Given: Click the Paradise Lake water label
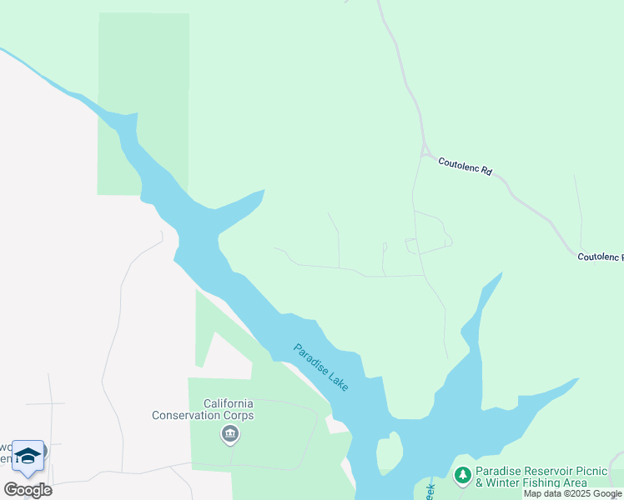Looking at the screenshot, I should tap(320, 367).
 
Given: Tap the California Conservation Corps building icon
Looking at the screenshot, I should tap(230, 434).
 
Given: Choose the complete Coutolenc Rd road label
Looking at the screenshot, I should tap(465, 166).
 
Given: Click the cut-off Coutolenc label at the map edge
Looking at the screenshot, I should tap(600, 257).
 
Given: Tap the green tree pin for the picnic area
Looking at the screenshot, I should tap(462, 475).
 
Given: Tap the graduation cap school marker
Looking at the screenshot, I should tap(28, 456).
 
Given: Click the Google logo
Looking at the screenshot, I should tap(28, 490).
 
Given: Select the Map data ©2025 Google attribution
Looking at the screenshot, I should tap(572, 493).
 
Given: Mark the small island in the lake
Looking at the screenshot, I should tap(389, 455).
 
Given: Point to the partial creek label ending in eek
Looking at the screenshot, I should tap(430, 489).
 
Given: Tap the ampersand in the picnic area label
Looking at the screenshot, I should tap(480, 482).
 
